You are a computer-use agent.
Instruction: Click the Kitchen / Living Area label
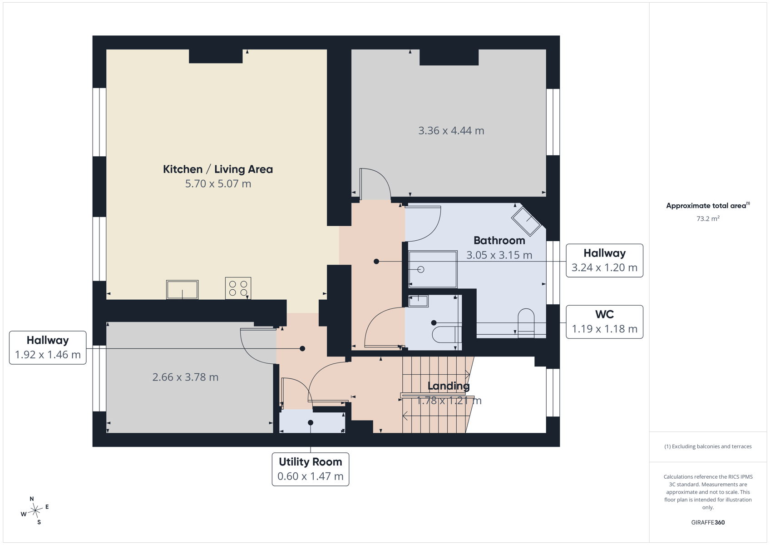pos(218,169)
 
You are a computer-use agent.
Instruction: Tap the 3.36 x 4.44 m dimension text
pos(451,131)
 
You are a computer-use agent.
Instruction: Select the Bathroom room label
pos(499,240)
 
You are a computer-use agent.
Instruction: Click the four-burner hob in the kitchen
pos(238,288)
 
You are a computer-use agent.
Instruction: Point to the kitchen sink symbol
pos(182,289)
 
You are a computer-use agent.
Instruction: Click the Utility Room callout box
pos(311,469)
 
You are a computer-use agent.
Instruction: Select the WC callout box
pos(604,322)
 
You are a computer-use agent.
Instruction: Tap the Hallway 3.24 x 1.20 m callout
pos(604,261)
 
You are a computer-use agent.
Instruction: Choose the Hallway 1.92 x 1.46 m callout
pos(48,347)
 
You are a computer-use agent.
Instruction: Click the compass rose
pos(35,510)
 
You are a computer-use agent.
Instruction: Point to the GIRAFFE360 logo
pos(708,522)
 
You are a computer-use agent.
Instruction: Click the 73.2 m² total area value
pos(708,219)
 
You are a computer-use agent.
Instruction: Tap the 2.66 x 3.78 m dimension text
pos(185,377)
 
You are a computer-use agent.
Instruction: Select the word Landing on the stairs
pos(448,386)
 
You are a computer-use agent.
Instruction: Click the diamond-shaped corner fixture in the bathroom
pos(526,222)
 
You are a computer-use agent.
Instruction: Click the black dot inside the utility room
pos(311,422)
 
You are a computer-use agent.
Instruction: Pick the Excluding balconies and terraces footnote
pos(708,446)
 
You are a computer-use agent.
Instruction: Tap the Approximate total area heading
pos(708,206)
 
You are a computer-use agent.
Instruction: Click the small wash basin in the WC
pos(418,301)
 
